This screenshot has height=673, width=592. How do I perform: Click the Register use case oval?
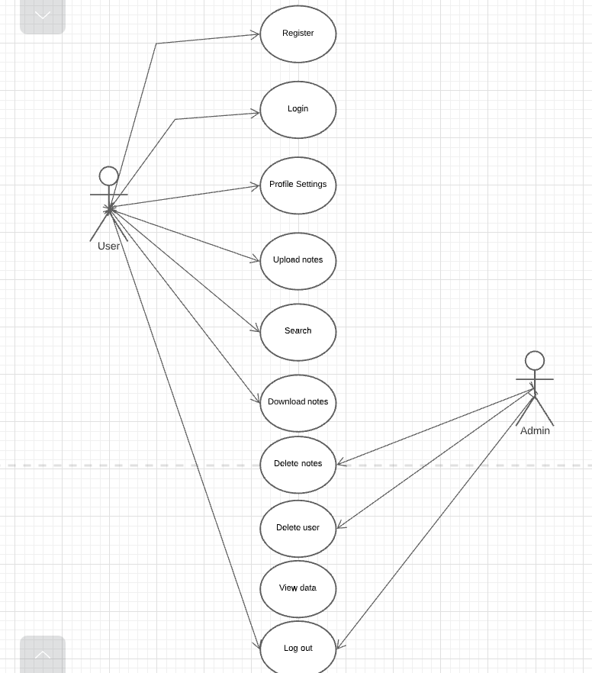298,34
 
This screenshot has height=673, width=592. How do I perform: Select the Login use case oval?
298,109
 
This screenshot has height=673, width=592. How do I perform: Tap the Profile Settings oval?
298,185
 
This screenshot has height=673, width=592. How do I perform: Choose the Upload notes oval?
298,260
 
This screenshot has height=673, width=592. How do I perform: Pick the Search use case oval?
298,331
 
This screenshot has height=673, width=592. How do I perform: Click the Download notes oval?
298,402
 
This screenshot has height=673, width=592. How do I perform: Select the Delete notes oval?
298,464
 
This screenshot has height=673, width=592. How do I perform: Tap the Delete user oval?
298,528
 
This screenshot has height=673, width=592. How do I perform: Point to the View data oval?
298,588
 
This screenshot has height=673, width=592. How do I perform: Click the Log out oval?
298,649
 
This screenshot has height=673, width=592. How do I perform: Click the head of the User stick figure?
109,176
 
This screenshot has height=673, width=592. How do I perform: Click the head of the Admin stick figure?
535,361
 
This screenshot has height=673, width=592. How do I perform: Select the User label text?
108,246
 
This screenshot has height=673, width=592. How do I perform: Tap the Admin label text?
535,430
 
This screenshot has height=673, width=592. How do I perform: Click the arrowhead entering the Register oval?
255,34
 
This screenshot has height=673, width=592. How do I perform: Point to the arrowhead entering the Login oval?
255,113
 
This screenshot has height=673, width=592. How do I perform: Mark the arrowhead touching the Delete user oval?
341,525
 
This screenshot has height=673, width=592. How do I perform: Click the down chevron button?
43,15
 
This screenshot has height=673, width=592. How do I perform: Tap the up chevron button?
43,655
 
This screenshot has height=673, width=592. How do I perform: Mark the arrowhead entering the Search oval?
256,329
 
